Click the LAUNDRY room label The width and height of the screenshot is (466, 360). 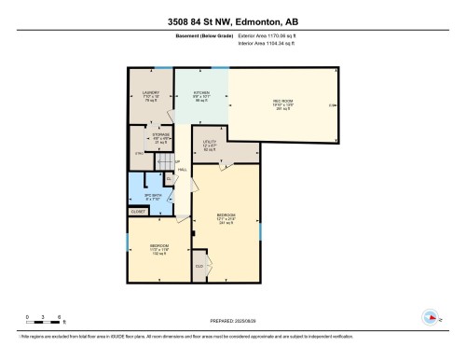click(151, 93)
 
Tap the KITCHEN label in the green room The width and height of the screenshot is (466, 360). click(201, 93)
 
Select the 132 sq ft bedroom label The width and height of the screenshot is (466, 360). click(159, 248)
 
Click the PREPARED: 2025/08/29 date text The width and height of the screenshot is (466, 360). click(233, 321)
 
